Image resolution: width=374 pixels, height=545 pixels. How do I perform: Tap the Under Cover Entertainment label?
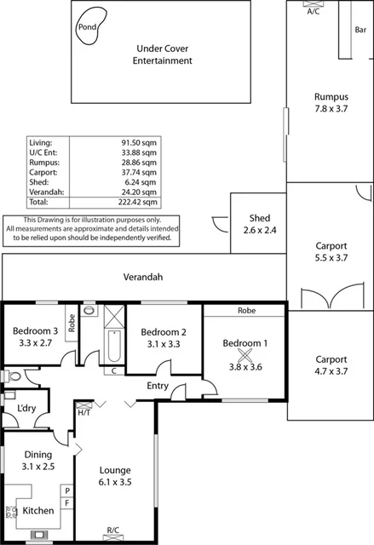[164, 54]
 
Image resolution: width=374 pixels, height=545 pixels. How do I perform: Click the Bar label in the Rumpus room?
[360, 30]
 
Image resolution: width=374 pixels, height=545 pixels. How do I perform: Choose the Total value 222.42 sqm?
[139, 203]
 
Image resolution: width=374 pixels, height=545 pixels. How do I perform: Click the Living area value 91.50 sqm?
[139, 141]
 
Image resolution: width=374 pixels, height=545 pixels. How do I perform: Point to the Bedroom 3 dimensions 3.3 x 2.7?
[35, 345]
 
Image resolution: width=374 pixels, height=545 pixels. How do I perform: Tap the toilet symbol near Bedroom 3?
[9, 376]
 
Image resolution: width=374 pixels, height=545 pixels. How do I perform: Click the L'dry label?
[26, 409]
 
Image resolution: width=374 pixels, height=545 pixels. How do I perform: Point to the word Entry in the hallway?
[158, 387]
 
